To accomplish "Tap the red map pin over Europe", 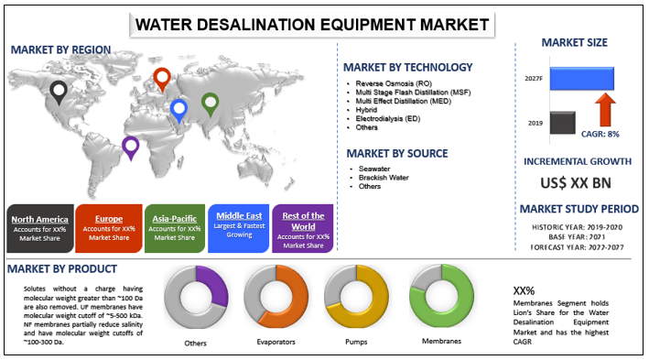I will [162, 79].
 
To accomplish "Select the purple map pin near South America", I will [130, 147].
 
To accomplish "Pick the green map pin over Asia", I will [210, 104].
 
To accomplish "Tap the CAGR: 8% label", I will [600, 133].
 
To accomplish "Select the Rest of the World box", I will [303, 228].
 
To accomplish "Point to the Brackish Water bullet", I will [384, 177].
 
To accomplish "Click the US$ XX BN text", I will [575, 182].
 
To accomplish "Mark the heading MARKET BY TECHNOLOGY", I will [407, 67].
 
